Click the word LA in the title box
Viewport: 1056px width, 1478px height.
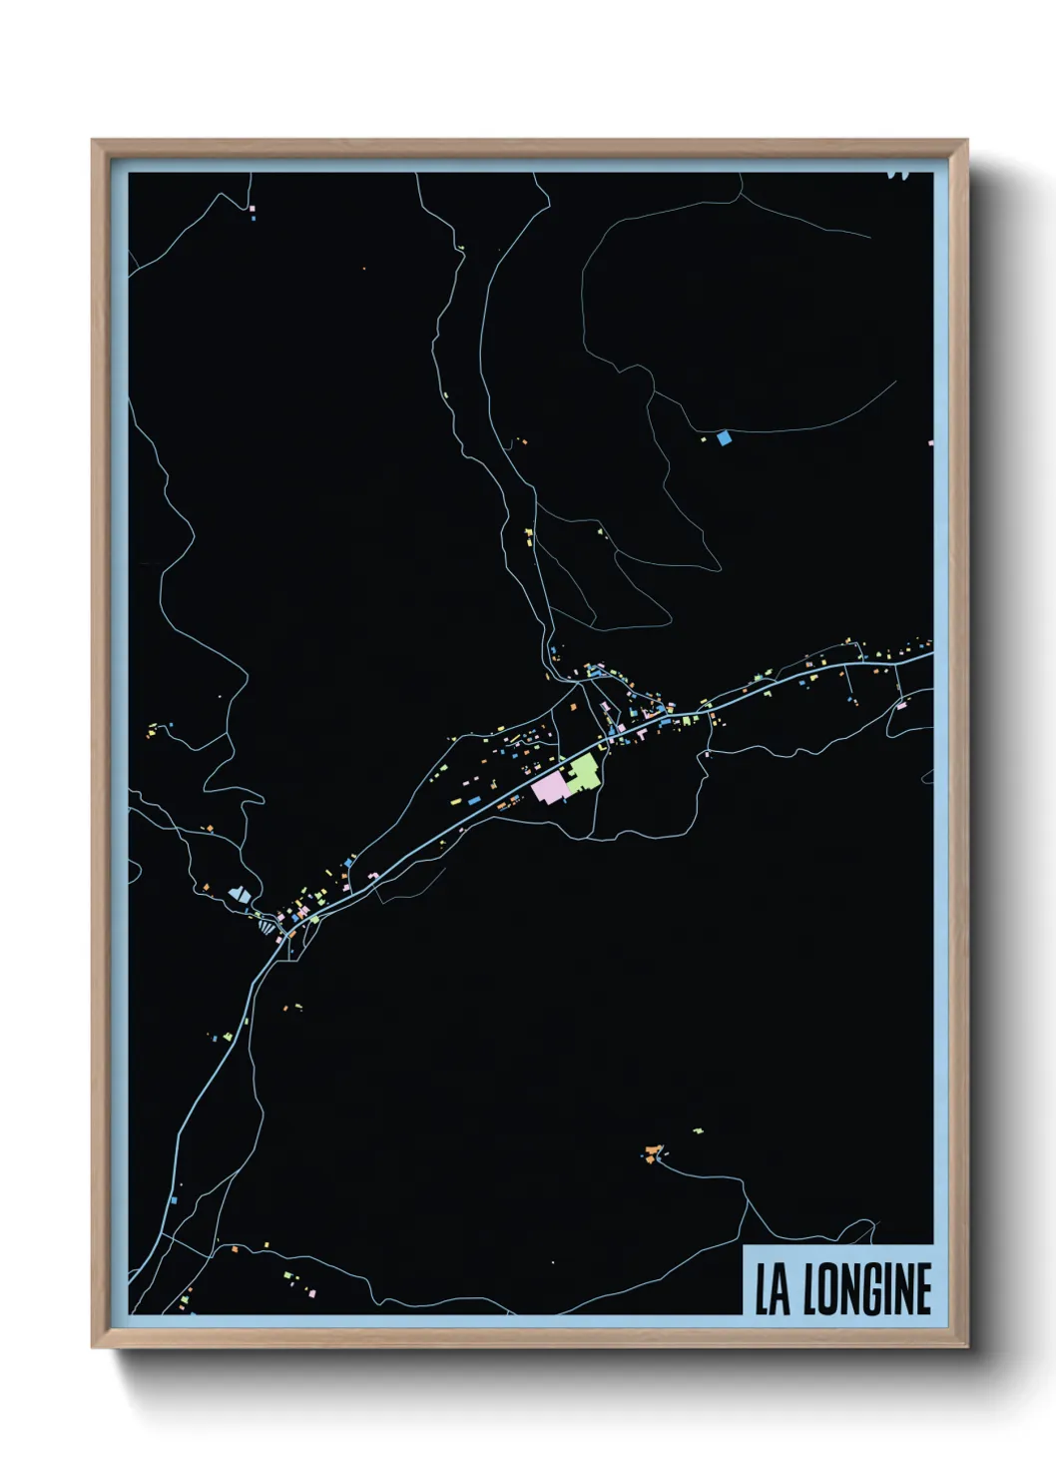click(x=772, y=1289)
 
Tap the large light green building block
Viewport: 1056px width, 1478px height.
click(x=584, y=772)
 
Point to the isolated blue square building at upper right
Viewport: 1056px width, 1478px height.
click(x=724, y=437)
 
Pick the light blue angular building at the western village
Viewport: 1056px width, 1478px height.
click(x=239, y=894)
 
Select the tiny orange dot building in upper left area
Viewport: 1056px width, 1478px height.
click(x=363, y=269)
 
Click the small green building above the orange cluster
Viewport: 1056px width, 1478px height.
click(x=698, y=1130)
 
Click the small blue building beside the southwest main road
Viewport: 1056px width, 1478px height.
click(x=173, y=1198)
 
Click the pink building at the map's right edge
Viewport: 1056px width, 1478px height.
click(x=930, y=441)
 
